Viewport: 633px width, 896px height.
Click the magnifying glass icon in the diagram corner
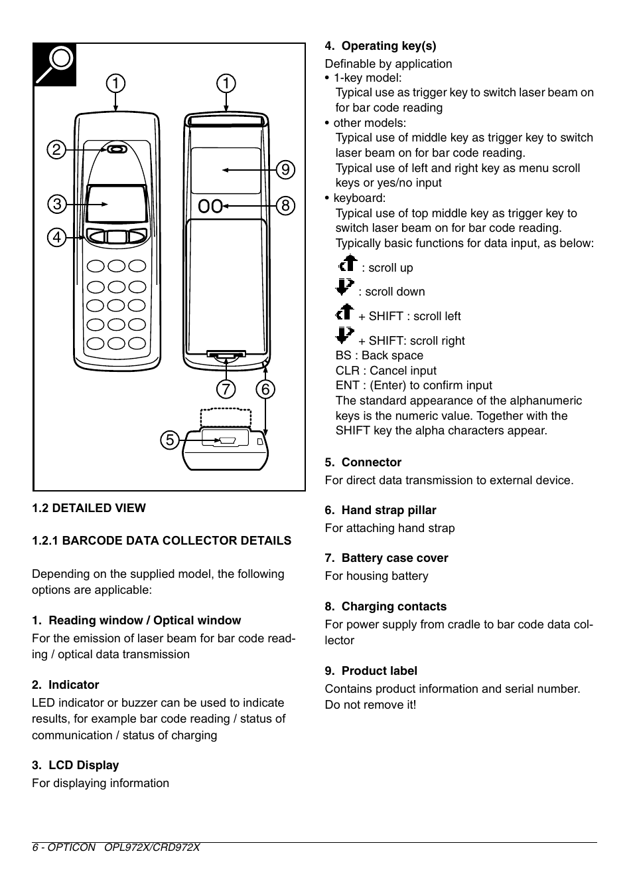[55, 64]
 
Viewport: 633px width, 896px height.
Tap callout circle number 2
[56, 150]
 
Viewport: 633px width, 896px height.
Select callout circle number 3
[56, 205]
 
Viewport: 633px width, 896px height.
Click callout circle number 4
[56, 237]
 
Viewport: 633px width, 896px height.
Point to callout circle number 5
[170, 440]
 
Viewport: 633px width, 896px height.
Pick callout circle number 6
[265, 389]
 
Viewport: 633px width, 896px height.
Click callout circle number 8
[285, 206]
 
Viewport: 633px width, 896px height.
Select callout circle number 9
[285, 170]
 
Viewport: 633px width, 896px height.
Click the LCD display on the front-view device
[117, 205]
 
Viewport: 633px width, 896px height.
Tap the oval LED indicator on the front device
[117, 150]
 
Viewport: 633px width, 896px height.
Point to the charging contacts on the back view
[210, 207]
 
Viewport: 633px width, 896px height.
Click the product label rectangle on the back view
[226, 171]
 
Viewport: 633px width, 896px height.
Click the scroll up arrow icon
[347, 264]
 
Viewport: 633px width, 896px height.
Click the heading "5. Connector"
[363, 462]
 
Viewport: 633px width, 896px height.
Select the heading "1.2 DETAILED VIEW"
[89, 508]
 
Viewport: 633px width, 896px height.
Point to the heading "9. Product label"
[371, 671]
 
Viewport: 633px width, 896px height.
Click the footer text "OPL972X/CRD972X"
[152, 848]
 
